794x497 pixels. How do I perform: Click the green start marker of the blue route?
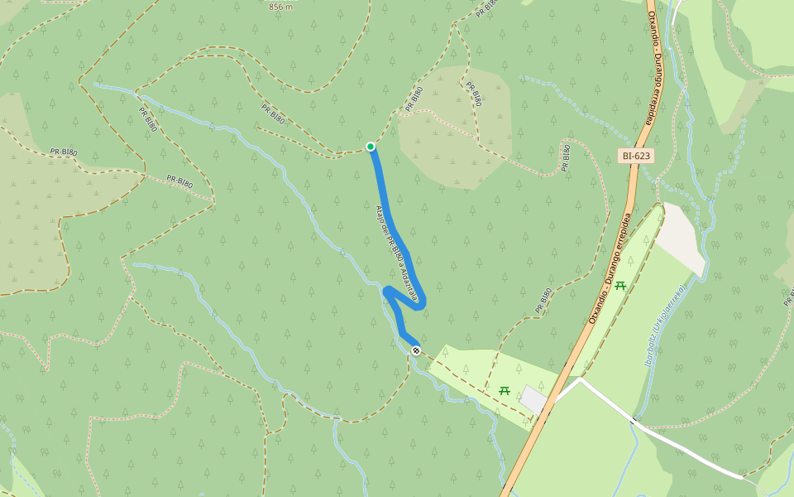point(371,147)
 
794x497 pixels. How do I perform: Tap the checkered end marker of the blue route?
point(416,350)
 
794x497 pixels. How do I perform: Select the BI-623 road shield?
point(636,155)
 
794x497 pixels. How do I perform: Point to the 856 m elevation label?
point(281,7)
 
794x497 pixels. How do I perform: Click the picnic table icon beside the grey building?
point(505,390)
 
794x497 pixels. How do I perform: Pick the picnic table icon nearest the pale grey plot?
point(620,286)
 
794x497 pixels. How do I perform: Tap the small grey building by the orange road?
point(533,399)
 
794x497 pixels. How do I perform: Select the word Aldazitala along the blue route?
point(409,282)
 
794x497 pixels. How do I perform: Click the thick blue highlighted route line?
point(389,215)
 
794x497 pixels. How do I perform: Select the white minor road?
point(686,447)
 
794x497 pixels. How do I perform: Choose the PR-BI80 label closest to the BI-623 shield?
point(566,157)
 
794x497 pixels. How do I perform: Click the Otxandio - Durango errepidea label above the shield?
point(656,66)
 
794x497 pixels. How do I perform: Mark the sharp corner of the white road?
point(581,379)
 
